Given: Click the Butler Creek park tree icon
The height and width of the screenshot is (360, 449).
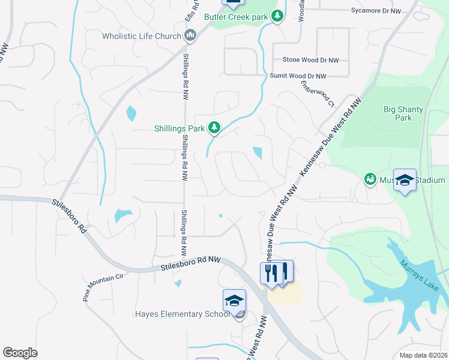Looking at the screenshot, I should (277, 17).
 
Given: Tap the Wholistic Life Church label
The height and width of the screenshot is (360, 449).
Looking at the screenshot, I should (141, 36).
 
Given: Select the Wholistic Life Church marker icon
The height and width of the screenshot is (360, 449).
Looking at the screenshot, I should (190, 37).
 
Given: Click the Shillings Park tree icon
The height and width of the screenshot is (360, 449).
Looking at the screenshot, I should (214, 127).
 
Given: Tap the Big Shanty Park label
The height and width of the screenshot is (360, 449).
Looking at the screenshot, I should (403, 113).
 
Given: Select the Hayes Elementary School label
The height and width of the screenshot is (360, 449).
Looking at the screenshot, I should (182, 314).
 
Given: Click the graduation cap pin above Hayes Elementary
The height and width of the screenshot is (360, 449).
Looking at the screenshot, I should (234, 300).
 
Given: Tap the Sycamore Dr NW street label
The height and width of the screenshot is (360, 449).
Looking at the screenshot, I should (376, 11).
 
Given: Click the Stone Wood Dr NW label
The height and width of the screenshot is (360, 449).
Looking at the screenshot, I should (310, 60).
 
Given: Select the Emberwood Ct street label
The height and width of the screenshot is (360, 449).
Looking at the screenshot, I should (317, 92).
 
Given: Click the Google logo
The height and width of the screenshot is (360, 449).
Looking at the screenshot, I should (20, 353).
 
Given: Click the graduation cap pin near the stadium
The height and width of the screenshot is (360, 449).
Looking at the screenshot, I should (405, 180).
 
